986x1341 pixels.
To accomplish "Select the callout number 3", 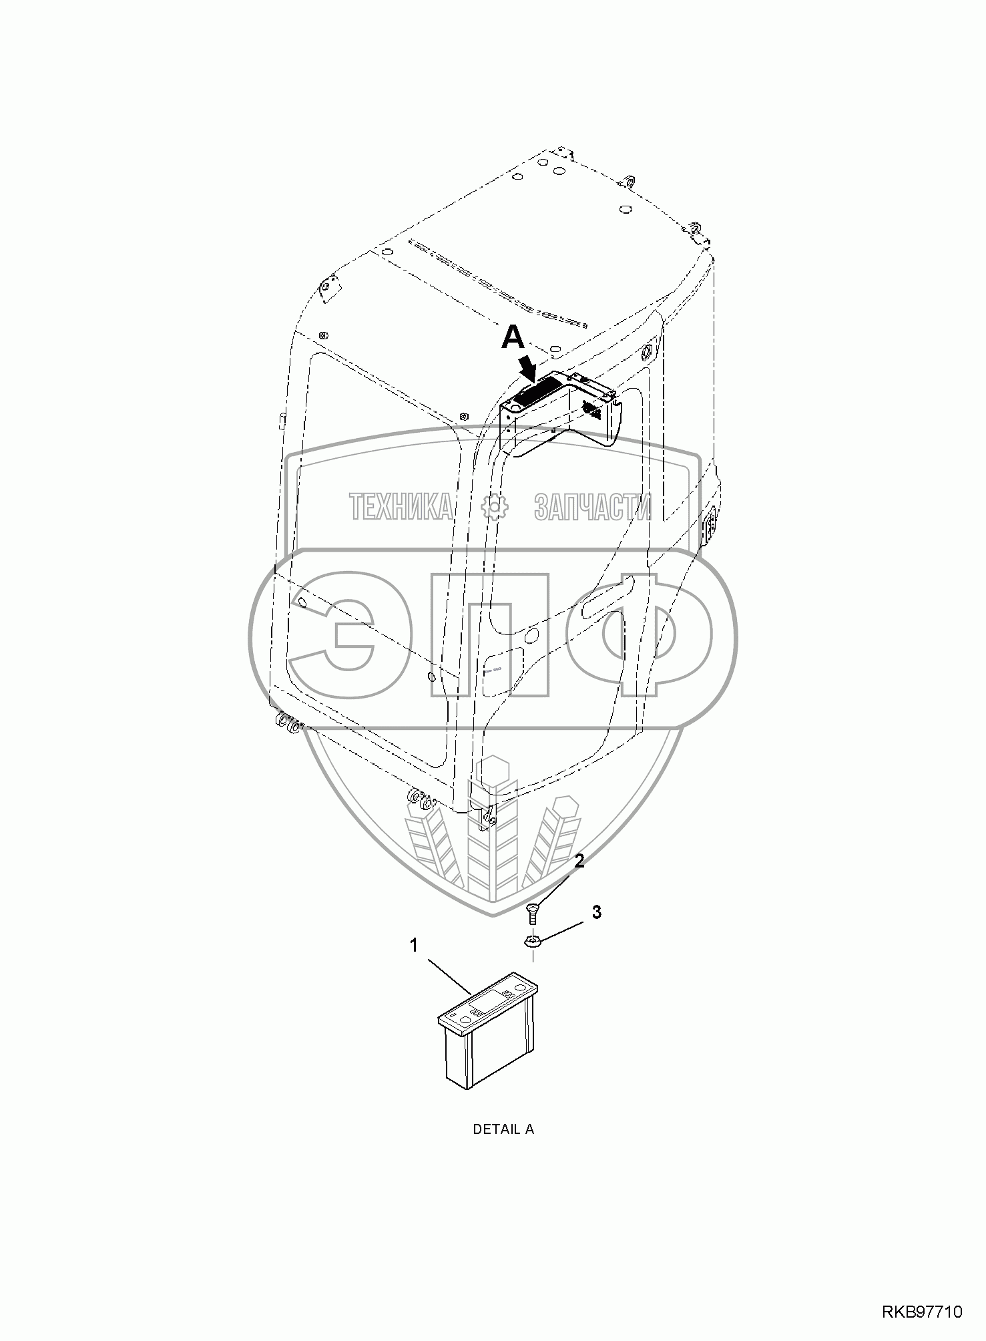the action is pyautogui.click(x=596, y=912).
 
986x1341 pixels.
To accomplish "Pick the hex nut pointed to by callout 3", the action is pyautogui.click(x=532, y=942).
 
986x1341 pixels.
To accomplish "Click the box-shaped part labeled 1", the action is pyautogui.click(x=488, y=1031).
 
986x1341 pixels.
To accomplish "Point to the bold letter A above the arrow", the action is pyautogui.click(x=513, y=338).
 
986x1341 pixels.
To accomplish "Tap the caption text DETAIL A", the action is pyautogui.click(x=503, y=1129).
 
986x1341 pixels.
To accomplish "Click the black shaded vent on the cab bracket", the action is pyautogui.click(x=539, y=388).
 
